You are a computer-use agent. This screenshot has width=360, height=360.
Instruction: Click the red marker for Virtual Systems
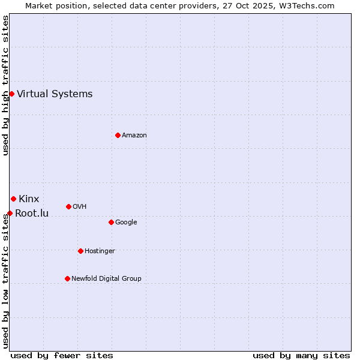[11, 94]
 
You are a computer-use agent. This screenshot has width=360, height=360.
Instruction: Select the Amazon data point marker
[118, 135]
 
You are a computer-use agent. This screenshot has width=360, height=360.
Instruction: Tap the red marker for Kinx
[13, 199]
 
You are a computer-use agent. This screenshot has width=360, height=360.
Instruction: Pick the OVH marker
[68, 206]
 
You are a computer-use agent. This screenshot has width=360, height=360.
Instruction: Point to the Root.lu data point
[10, 213]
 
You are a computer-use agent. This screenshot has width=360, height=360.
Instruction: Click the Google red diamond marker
[111, 222]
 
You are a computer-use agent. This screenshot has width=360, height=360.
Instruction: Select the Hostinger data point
[80, 251]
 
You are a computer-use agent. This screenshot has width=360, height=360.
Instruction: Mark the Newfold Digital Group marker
[67, 278]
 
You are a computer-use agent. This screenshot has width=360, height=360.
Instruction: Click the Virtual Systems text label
[55, 94]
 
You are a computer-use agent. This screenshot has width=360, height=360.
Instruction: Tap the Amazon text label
[134, 135]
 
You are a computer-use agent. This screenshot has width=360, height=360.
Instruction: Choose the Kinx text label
[29, 199]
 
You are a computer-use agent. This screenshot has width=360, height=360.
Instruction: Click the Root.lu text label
[32, 213]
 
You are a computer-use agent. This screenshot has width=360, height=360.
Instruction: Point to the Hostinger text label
[100, 251]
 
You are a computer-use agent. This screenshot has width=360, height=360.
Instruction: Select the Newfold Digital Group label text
[106, 278]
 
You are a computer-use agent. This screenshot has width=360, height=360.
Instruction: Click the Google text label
[126, 222]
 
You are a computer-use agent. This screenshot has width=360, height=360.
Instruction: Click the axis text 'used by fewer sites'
[62, 355]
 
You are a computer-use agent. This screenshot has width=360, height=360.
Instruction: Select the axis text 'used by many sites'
[301, 355]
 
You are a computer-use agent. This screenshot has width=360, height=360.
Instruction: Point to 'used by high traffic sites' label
[5, 85]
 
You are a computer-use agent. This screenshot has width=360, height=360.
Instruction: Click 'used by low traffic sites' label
[5, 281]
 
